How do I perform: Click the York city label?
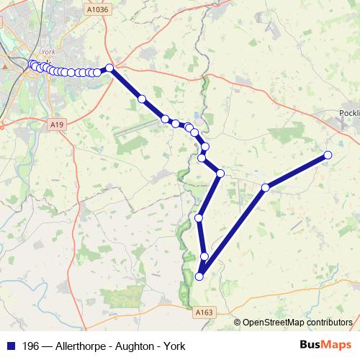pos(49,53)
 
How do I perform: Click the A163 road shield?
pos(204,312)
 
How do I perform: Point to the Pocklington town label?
pos(350,114)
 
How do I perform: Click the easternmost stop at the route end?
pos(328,155)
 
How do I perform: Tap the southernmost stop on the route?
pos(199,276)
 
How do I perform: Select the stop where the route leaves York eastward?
pos(109,68)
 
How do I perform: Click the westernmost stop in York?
pos(32,65)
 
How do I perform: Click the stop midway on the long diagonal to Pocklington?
pos(266,187)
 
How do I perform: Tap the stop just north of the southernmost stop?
pos(204,256)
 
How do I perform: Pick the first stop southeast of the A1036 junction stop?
pos(142,99)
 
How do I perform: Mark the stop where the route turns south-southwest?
pos(220,174)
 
